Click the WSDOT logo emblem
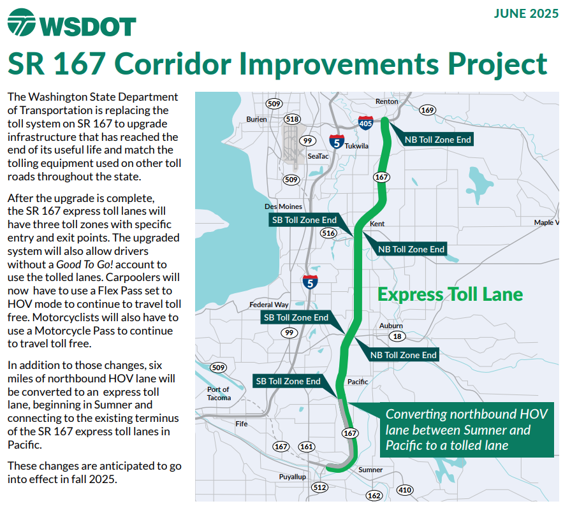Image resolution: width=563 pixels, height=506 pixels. (21, 22)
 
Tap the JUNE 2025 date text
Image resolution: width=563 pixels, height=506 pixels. (526, 13)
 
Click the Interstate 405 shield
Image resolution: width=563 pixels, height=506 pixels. (365, 123)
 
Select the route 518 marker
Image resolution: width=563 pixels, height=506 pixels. (292, 119)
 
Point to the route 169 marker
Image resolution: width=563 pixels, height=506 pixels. (427, 110)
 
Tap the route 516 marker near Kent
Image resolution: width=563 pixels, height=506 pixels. (328, 233)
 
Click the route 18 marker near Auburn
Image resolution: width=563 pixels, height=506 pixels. (397, 336)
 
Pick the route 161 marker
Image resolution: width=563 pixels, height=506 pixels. (306, 447)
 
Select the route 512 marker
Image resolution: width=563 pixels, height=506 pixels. (319, 488)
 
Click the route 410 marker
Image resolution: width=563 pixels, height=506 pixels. (405, 490)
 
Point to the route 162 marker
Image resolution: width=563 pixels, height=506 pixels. (374, 496)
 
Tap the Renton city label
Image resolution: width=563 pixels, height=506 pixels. (386, 101)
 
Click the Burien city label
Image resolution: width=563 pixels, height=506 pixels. (256, 119)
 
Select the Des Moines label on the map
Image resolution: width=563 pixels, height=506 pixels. (283, 206)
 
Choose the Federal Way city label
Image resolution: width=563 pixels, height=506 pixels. (269, 305)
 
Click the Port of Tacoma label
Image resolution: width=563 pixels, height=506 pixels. (219, 394)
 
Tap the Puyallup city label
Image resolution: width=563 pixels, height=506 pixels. (293, 477)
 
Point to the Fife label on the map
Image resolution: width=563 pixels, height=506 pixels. (242, 424)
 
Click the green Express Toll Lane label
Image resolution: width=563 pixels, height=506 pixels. (450, 294)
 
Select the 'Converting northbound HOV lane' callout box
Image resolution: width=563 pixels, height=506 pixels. (467, 430)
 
